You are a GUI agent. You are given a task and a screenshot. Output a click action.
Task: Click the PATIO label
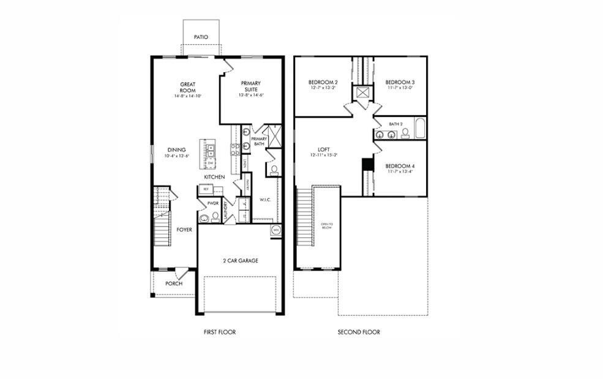click(201, 37)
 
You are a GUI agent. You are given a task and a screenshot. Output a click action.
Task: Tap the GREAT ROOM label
click(187, 87)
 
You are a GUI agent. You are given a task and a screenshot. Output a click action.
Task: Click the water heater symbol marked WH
click(276, 231)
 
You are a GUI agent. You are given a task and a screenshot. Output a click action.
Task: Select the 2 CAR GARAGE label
click(239, 261)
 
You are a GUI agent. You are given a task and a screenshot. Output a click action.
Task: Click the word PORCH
click(174, 283)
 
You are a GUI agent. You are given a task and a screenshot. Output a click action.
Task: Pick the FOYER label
click(184, 230)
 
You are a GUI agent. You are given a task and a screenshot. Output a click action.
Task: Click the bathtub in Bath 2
click(421, 129)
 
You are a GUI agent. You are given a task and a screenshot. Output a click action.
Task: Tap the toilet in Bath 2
click(405, 133)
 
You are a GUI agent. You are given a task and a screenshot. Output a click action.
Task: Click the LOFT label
click(324, 149)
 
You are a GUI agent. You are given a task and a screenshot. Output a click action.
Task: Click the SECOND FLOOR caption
click(359, 332)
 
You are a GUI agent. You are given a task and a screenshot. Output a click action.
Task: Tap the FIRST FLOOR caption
click(219, 332)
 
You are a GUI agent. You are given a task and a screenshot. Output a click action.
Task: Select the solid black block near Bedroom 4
click(367, 164)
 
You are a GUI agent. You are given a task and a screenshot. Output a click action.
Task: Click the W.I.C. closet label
click(264, 199)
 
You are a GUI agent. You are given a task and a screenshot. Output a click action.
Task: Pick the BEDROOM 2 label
click(323, 82)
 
